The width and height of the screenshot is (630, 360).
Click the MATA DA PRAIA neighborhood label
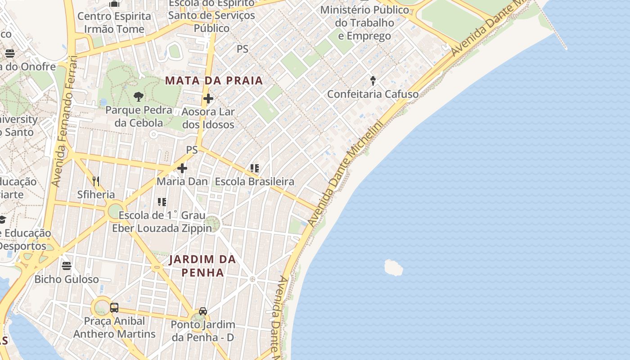click(x=214, y=81)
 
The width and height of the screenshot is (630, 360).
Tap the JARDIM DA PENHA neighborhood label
click(x=202, y=266)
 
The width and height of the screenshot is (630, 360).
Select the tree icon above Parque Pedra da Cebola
click(x=139, y=96)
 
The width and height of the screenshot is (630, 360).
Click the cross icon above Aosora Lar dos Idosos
click(x=208, y=99)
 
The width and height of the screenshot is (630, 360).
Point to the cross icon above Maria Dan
click(x=182, y=168)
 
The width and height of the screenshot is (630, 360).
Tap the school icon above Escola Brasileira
click(x=255, y=168)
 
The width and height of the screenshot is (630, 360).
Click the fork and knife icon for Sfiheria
click(x=96, y=181)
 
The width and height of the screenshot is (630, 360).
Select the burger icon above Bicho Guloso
click(x=67, y=266)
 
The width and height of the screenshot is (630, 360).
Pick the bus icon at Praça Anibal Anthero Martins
click(x=114, y=308)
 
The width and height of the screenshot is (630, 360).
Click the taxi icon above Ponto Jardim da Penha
click(x=203, y=311)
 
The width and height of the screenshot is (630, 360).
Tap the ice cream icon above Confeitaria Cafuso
click(x=373, y=81)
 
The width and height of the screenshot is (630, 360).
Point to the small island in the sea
click(x=393, y=267)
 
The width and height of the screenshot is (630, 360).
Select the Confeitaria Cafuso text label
click(x=373, y=94)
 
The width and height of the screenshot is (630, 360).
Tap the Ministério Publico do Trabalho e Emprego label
click(x=364, y=22)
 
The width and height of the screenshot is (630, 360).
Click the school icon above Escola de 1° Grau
click(x=162, y=202)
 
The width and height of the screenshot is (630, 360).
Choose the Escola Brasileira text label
click(x=255, y=181)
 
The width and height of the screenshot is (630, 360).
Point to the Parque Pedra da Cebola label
click(x=139, y=116)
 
